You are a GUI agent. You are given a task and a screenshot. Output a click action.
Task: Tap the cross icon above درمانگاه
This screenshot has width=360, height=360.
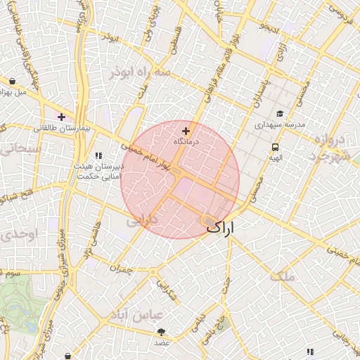186,131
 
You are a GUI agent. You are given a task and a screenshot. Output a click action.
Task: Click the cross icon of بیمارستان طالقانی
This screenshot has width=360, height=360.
62,117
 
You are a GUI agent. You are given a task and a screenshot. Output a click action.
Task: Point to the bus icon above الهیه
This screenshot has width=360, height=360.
275,148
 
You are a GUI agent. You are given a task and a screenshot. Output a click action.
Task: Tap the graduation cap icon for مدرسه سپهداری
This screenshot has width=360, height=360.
280,114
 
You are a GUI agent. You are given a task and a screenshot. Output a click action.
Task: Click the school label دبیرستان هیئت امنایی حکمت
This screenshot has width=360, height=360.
98,173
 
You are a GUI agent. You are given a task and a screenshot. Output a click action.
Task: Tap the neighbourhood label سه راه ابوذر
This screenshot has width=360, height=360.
140,72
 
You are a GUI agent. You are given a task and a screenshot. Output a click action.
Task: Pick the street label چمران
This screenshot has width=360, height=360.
121,268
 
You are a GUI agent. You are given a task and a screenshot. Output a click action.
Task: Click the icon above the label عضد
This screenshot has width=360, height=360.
162,332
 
